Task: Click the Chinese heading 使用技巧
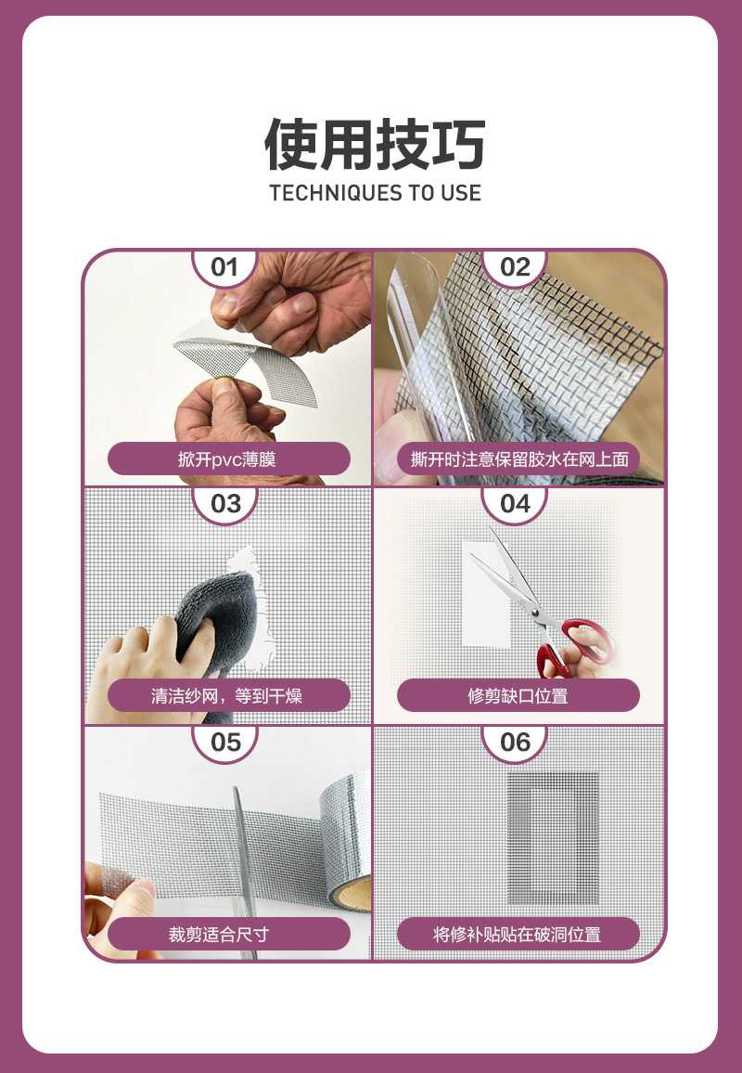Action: (x=375, y=144)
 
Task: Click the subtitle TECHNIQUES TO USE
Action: (x=375, y=193)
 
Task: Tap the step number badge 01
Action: (x=225, y=267)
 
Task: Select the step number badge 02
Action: (x=515, y=267)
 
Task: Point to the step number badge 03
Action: (x=225, y=504)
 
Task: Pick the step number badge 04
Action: (x=515, y=504)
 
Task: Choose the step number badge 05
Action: (x=225, y=743)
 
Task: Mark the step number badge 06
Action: (x=515, y=743)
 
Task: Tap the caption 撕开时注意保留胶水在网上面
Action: (x=519, y=459)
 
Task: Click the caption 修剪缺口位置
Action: (x=518, y=696)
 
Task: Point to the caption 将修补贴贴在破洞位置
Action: (x=518, y=934)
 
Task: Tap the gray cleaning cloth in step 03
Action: (x=217, y=619)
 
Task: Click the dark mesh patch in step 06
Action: (x=553, y=838)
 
